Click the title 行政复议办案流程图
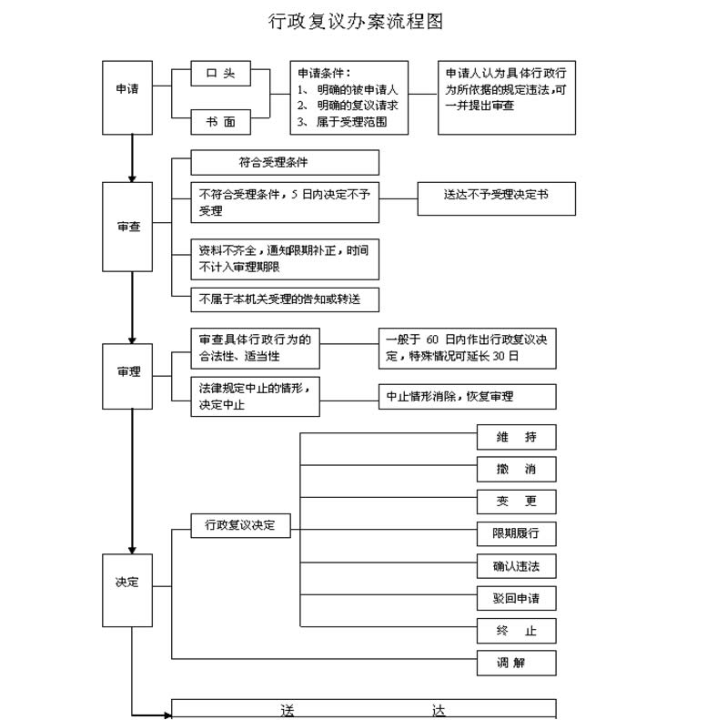[x=356, y=21]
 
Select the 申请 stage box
[x=127, y=89]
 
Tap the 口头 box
[x=220, y=74]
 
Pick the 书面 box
[x=220, y=121]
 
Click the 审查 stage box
[x=127, y=227]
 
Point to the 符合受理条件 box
[x=284, y=163]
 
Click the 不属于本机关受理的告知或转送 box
[x=284, y=299]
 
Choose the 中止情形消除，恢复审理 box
[x=467, y=397]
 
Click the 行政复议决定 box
[x=240, y=525]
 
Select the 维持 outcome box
[x=516, y=437]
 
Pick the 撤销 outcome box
[x=516, y=470]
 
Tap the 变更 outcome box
[x=516, y=502]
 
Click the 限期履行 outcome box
[x=516, y=533]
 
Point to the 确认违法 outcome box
[x=516, y=566]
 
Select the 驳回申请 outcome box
[x=516, y=598]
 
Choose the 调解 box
[x=516, y=663]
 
